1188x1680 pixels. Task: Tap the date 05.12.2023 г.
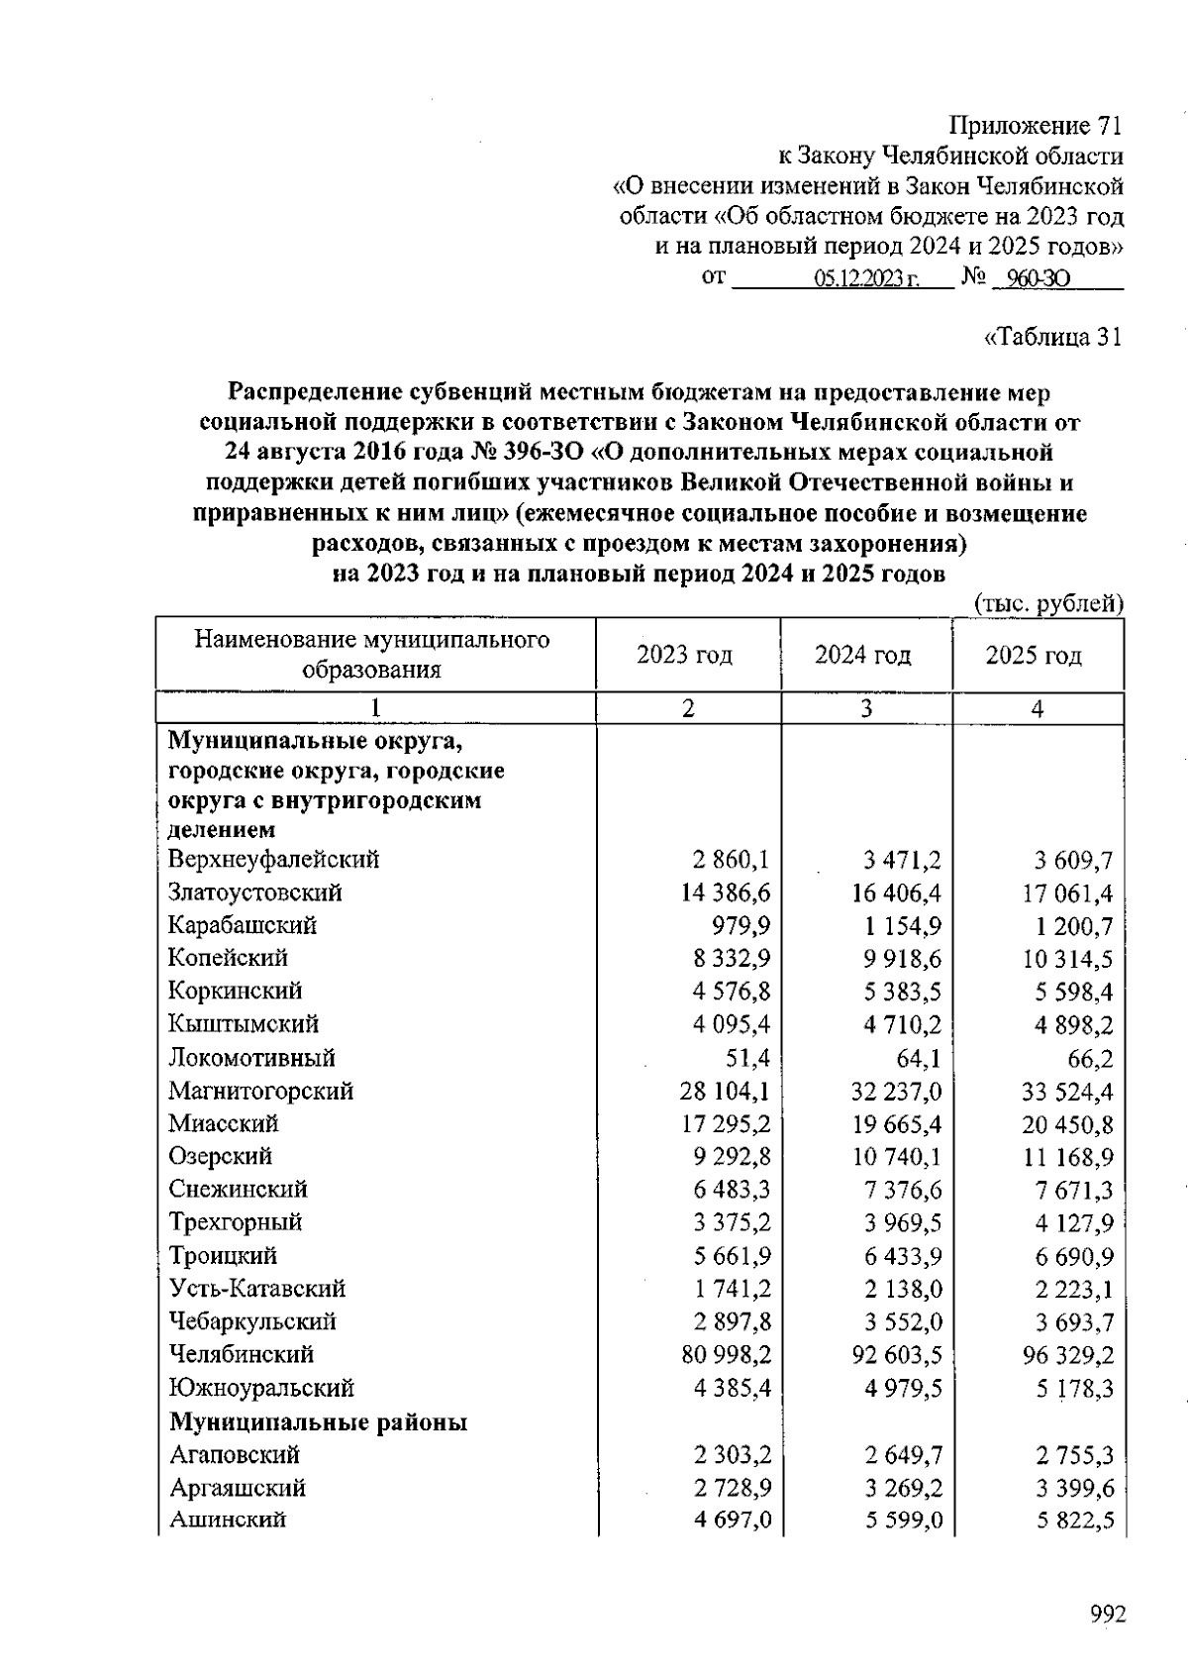pos(867,279)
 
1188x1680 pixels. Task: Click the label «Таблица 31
pos(1053,337)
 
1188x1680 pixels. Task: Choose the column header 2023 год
pos(685,655)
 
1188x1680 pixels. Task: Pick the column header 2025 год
pos(1034,655)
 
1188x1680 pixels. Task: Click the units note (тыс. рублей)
pos(1049,603)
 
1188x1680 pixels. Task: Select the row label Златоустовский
pos(255,892)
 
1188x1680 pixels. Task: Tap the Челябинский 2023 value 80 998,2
pos(726,1354)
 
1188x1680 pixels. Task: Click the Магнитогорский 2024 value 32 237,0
pos(896,1091)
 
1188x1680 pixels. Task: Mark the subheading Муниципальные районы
pos(318,1422)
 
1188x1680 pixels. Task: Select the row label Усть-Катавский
pos(257,1289)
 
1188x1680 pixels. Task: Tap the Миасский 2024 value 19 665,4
pos(896,1124)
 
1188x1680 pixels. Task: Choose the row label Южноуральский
pos(261,1388)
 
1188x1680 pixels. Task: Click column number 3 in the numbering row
pos(866,709)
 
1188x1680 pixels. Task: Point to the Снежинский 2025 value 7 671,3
pos(1075,1190)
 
